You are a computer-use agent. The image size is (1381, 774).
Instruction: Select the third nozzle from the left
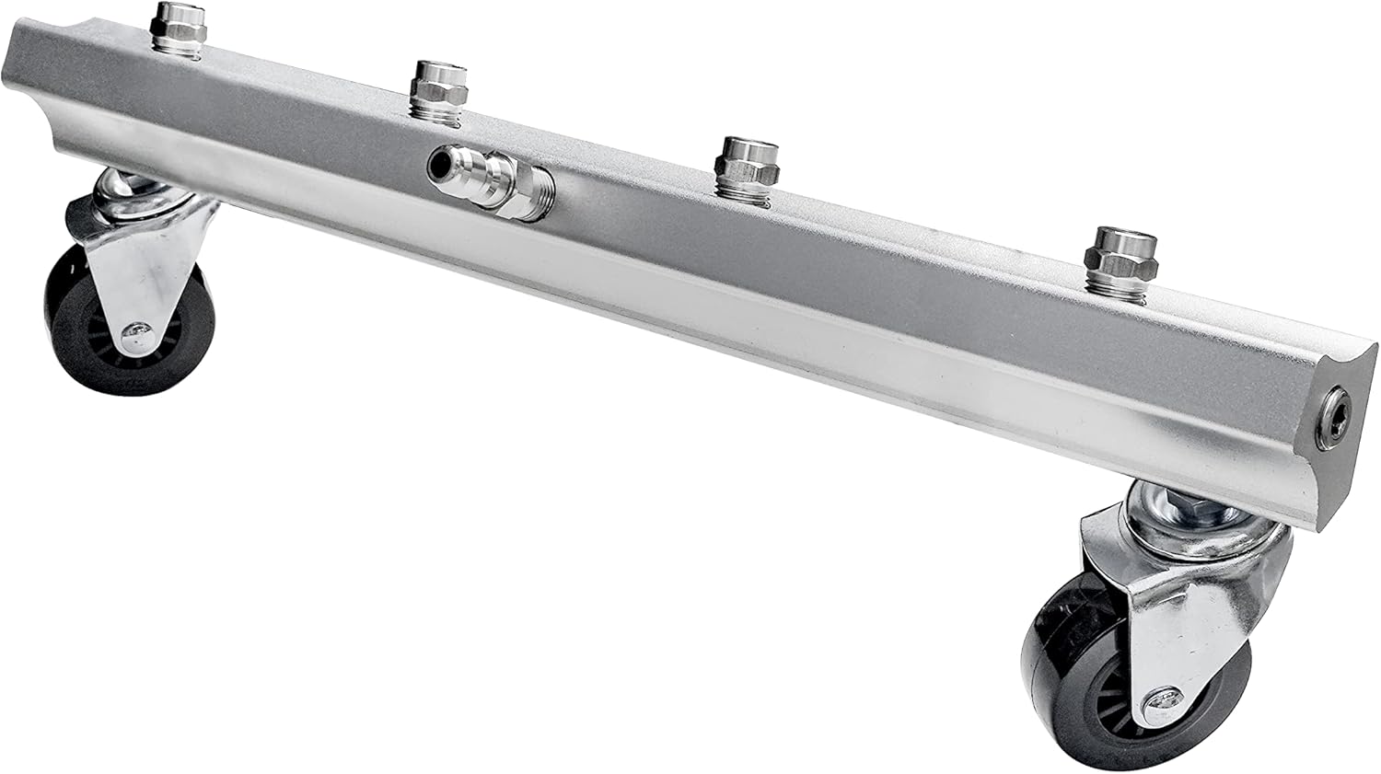tap(747, 160)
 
